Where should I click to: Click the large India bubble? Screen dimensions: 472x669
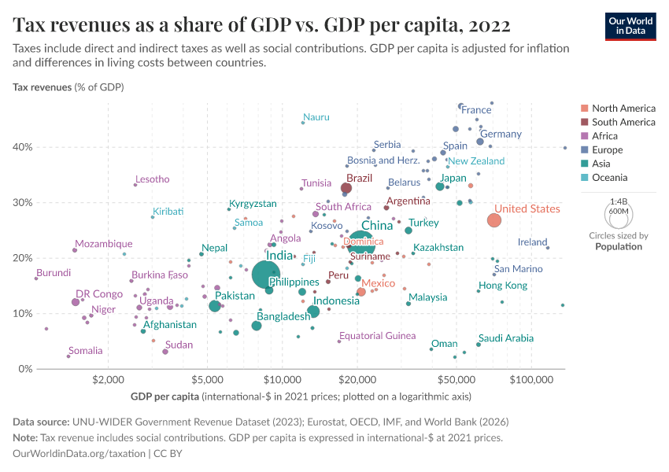[268, 275]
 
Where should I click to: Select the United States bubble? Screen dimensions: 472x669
[493, 220]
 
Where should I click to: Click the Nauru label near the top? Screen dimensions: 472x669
[316, 117]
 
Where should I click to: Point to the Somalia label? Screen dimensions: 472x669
[85, 351]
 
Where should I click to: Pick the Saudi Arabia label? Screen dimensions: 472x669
[505, 338]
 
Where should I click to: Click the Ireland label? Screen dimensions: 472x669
[532, 242]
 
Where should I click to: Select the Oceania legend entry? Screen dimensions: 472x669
[612, 178]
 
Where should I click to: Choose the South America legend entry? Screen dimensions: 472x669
[623, 122]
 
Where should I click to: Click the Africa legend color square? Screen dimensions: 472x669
[583, 136]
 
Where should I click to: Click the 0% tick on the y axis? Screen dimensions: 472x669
[24, 369]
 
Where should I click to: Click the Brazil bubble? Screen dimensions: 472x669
[346, 188]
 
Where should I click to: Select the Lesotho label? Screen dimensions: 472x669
[152, 179]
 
